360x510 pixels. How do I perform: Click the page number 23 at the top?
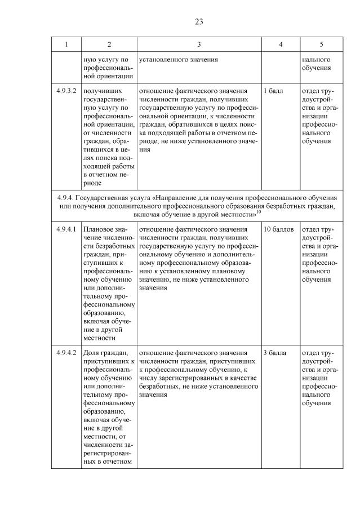pos(199,22)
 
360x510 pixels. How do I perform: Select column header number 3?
pos(199,44)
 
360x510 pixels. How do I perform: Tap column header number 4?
pos(281,44)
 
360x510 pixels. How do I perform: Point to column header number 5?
pos(321,44)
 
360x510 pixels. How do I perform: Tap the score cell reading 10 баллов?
pos(278,229)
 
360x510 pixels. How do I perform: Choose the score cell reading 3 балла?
pos(274,353)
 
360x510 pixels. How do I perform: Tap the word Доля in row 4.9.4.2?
pos(92,353)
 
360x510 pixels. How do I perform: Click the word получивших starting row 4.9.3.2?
pos(102,91)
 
